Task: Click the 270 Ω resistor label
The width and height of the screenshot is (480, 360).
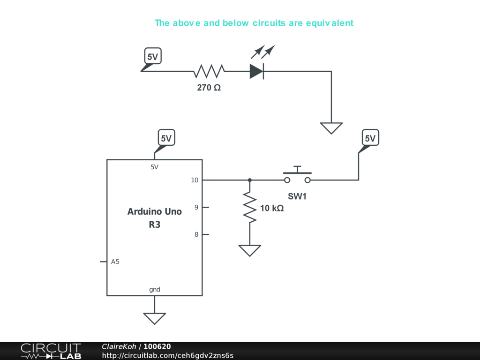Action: pos(209,88)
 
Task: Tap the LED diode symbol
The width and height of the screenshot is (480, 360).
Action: pos(257,71)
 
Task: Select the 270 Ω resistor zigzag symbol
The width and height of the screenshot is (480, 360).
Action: pos(209,71)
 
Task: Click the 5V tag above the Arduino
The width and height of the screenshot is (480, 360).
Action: pos(166,138)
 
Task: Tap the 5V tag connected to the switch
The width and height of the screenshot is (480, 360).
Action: pos(370,138)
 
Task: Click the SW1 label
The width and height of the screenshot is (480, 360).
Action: pos(297,197)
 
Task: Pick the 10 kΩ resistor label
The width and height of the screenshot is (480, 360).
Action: pos(272,208)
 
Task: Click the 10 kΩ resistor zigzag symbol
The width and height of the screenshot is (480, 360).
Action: pos(250,207)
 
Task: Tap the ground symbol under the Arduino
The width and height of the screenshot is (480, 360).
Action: pos(155,318)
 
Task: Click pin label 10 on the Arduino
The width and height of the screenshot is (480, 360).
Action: pos(195,180)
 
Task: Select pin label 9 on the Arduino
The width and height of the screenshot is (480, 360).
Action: pos(196,207)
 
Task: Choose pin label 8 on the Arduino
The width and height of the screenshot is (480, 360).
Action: pos(196,234)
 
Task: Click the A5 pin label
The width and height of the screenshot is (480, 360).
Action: pos(115,262)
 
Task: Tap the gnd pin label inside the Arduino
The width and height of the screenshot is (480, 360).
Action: pos(155,290)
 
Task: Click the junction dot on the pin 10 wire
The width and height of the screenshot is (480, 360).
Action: pos(250,180)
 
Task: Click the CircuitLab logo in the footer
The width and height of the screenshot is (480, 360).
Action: pos(51,351)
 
